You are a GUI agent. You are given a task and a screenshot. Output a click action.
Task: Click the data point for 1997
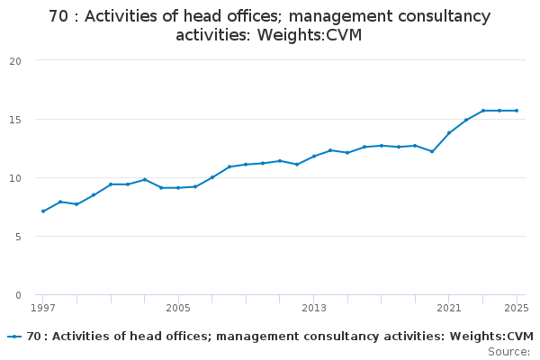click(x=42, y=211)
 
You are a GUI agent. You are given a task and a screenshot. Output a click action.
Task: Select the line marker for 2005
click(x=178, y=188)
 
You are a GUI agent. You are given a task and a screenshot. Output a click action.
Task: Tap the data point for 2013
click(x=314, y=157)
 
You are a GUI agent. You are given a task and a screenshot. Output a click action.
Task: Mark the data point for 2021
click(x=449, y=133)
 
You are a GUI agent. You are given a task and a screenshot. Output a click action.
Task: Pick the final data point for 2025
click(x=517, y=111)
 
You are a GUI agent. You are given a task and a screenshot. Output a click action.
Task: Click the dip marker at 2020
click(x=432, y=151)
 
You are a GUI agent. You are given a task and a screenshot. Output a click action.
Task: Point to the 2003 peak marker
click(x=144, y=180)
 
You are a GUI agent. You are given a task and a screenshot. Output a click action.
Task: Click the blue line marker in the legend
click(x=14, y=337)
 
